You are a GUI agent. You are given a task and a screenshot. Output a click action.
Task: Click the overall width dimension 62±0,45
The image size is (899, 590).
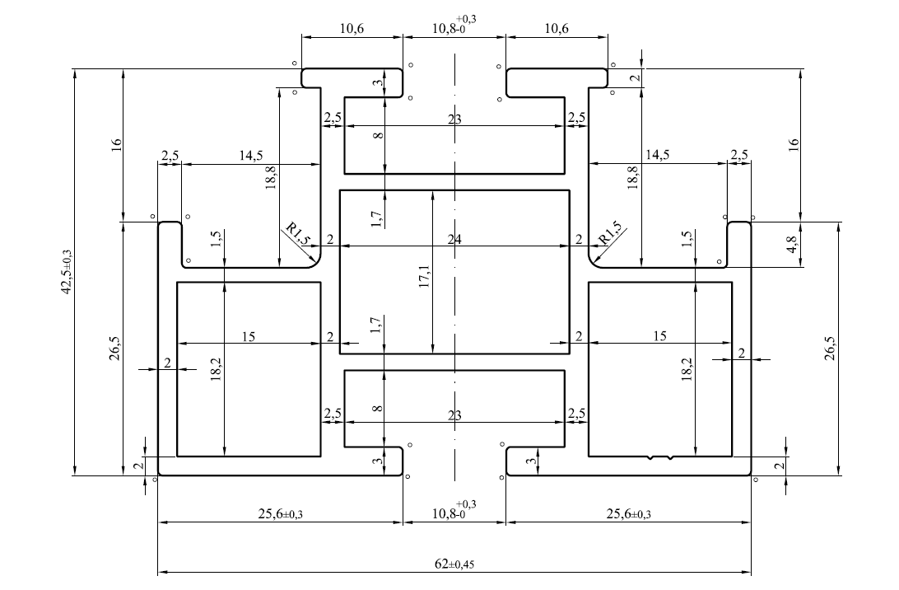(454, 564)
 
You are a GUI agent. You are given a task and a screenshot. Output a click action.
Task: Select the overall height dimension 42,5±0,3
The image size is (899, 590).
(67, 272)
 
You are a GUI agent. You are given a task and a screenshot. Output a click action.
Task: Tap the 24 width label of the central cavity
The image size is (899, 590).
(454, 239)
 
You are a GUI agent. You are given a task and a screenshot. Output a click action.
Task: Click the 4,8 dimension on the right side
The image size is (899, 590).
(792, 245)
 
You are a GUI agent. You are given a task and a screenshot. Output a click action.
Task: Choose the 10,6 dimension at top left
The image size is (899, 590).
(352, 28)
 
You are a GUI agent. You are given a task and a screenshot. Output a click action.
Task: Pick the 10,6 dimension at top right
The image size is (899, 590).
(557, 28)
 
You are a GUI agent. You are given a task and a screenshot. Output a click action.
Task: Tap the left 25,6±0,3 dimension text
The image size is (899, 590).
(281, 513)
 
